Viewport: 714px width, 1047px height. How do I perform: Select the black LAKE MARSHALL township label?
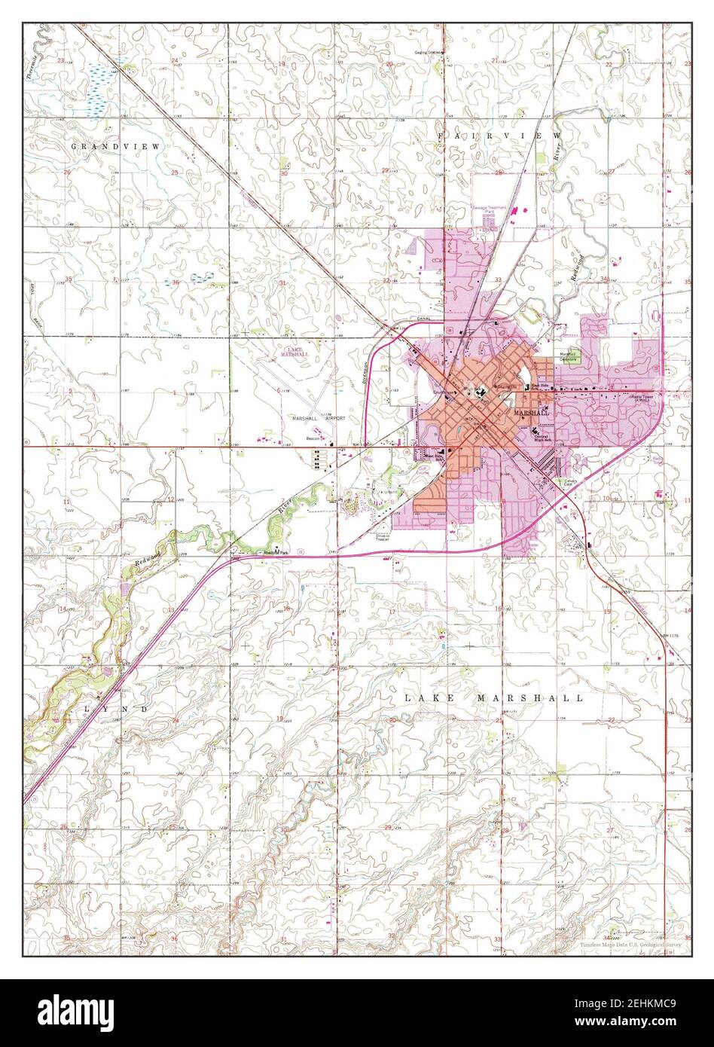coord(493,698)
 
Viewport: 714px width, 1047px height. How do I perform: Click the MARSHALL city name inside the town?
coord(531,414)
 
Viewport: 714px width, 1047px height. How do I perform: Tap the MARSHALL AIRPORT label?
coord(319,417)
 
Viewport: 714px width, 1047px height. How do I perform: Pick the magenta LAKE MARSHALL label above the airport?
coord(294,353)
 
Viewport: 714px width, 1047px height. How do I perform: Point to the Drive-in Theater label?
coord(383,538)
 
